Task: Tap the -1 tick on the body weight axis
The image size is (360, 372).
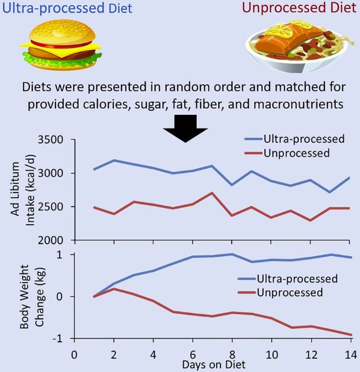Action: [x=61, y=339]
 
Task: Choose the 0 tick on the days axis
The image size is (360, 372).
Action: [x=74, y=355]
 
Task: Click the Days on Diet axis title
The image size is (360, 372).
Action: [x=213, y=365]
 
